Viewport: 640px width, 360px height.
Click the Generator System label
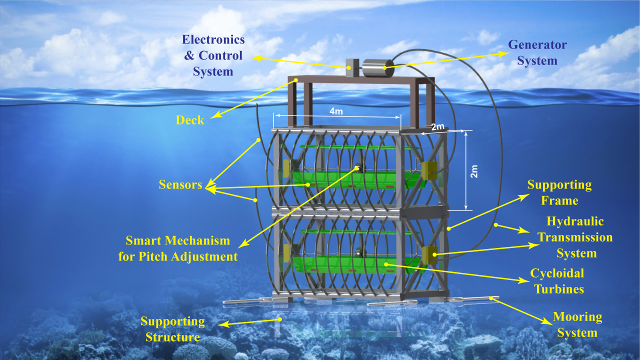pyautogui.click(x=537, y=53)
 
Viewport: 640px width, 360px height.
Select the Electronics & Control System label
pyautogui.click(x=213, y=55)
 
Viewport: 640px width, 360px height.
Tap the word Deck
pyautogui.click(x=190, y=120)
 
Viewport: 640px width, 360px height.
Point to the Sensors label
pyautogui.click(x=180, y=184)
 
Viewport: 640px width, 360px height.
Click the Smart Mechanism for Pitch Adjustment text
pyautogui.click(x=178, y=248)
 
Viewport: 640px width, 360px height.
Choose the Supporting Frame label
pyautogui.click(x=559, y=192)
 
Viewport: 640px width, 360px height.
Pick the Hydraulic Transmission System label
pyautogui.click(x=575, y=237)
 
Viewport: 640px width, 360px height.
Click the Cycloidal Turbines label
pyautogui.click(x=558, y=281)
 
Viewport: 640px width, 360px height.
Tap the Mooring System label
pyautogui.click(x=577, y=324)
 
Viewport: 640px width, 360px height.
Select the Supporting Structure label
pyautogui.click(x=172, y=328)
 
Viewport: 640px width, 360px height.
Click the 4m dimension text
pyautogui.click(x=336, y=111)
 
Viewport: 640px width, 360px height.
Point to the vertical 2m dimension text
pyautogui.click(x=474, y=170)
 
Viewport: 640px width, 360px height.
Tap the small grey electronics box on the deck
pyautogui.click(x=352, y=68)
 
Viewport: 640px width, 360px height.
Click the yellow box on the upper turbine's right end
pyautogui.click(x=429, y=170)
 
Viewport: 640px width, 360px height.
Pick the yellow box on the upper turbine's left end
pyautogui.click(x=287, y=168)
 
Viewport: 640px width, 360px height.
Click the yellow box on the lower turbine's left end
pyautogui.click(x=287, y=252)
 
